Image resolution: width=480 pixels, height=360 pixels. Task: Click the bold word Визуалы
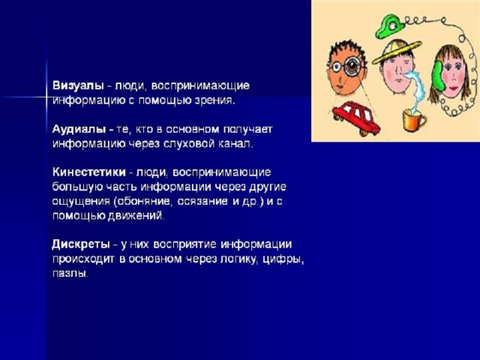78,85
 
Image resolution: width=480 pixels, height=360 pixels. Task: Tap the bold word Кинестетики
89,172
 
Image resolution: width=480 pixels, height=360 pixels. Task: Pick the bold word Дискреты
81,244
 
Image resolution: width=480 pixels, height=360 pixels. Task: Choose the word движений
136,216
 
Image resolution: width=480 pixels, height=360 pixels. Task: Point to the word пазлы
70,273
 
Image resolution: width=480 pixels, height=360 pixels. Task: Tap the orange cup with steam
413,120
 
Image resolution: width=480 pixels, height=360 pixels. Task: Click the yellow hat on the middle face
397,52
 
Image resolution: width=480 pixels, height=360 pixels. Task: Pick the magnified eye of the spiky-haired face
354,66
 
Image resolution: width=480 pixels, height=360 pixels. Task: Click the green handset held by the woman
436,76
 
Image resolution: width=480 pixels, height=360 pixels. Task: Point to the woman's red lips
453,88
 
